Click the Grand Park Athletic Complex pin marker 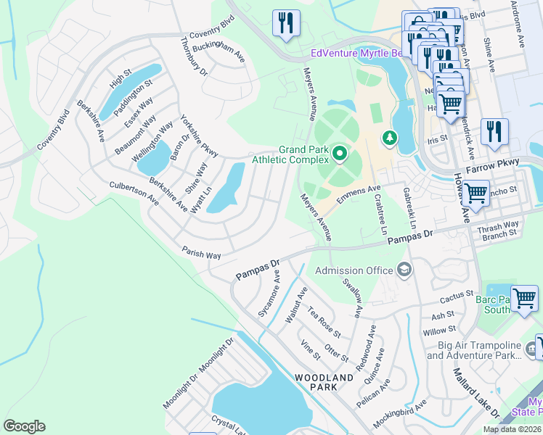339,153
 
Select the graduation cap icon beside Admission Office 404,271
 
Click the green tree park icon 390,137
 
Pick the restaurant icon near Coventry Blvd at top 286,22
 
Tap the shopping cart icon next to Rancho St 476,193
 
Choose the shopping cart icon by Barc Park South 524,298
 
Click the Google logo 24,426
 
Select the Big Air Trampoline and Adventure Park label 473,349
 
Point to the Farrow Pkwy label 494,162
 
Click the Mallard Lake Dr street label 475,392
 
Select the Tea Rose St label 324,323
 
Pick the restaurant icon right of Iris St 494,131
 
